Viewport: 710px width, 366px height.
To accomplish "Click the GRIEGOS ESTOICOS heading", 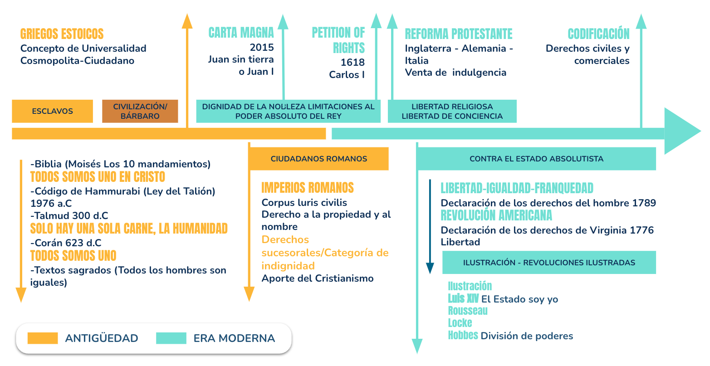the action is pos(62,34).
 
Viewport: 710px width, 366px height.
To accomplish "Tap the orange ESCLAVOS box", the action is pos(52,111).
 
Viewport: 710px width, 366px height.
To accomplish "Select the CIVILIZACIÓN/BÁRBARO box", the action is pos(140,111).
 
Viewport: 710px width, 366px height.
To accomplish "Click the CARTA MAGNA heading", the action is pos(241,33).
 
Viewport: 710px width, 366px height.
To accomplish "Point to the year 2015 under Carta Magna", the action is pos(261,47).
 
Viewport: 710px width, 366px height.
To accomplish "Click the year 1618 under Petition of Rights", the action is pos(353,62).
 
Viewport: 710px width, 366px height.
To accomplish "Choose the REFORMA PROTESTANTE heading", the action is pos(458,34).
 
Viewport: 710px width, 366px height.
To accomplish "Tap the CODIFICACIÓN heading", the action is pos(598,34).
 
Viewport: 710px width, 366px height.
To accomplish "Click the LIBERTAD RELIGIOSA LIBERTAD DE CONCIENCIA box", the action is pos(452,111).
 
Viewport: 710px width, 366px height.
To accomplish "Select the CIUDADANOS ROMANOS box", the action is pos(318,159).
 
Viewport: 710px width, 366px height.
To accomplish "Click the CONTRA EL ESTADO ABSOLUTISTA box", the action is pos(536,159).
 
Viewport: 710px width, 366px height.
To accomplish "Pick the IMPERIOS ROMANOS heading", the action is pos(308,188).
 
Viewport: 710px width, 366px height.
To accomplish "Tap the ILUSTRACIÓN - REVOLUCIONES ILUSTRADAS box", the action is pos(549,263).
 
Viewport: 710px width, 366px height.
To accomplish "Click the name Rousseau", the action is pos(468,311).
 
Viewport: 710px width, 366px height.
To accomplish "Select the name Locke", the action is pos(460,323).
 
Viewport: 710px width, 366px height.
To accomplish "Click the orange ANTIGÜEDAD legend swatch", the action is pos(43,338).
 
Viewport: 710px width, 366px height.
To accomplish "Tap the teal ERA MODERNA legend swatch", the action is pos(171,338).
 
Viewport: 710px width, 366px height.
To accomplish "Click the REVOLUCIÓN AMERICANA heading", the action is pos(496,215).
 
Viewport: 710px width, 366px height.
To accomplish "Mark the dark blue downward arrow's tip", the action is pos(430,273).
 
